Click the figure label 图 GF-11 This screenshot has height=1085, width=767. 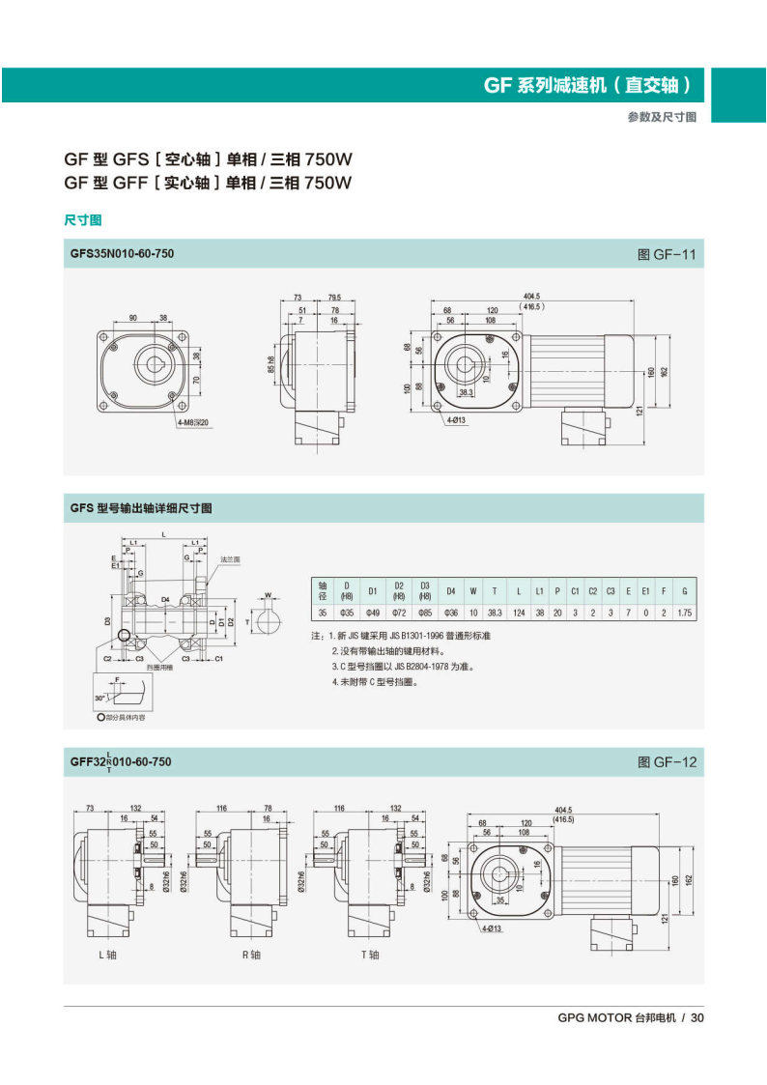[x=667, y=256]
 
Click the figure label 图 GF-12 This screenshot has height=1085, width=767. [x=667, y=762]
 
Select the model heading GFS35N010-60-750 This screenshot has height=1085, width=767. [x=122, y=255]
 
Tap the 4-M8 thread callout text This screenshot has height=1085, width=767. [x=193, y=422]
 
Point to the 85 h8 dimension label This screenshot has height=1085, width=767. [x=274, y=366]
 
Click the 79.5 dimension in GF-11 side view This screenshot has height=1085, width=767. [x=335, y=297]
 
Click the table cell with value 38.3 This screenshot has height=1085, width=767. [x=495, y=613]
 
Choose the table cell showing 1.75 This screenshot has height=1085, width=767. [x=684, y=613]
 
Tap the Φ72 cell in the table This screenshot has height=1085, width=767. [x=398, y=613]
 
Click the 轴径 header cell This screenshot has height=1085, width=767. [x=323, y=590]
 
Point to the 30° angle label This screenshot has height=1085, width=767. [x=100, y=697]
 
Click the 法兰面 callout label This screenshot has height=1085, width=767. [x=230, y=559]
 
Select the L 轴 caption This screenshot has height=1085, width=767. [x=107, y=956]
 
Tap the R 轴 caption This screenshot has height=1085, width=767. [x=250, y=956]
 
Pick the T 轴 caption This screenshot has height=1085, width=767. [x=370, y=956]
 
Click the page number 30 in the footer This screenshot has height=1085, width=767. [x=697, y=1017]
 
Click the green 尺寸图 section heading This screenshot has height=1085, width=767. [x=83, y=220]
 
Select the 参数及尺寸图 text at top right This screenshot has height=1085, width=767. [x=662, y=116]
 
